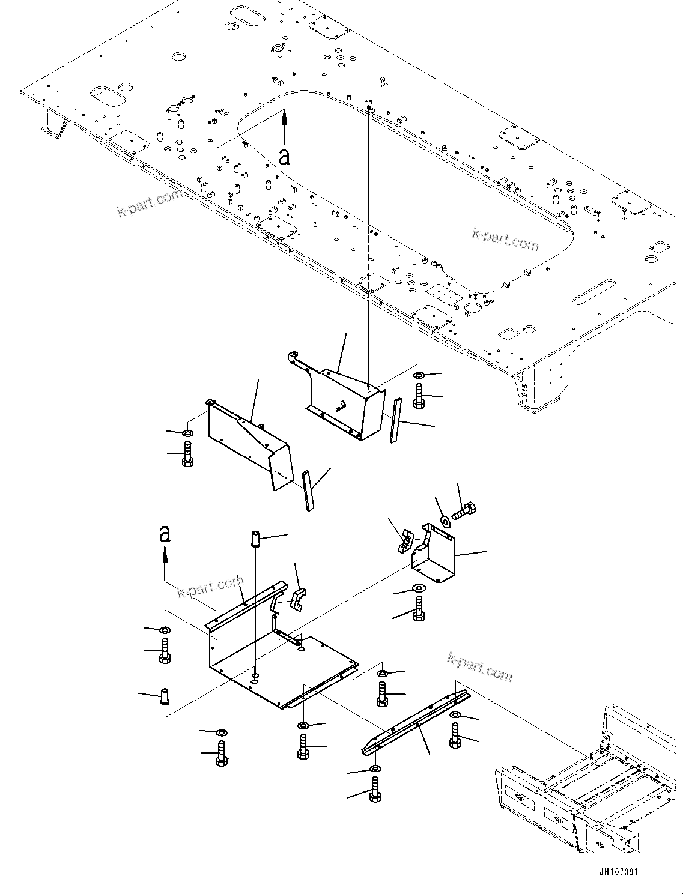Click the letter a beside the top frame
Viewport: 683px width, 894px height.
pos(284,156)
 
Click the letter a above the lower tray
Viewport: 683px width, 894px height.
pos(165,533)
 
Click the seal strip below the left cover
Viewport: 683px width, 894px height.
pos(308,490)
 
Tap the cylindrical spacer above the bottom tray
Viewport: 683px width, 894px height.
pos(254,538)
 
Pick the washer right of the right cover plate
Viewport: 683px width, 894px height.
pos(418,376)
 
